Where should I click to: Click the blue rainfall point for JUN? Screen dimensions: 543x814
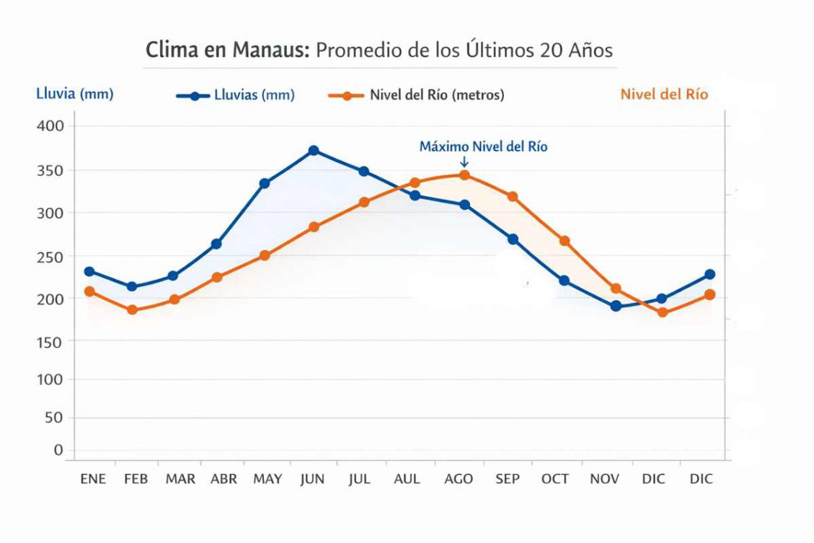pyautogui.click(x=314, y=151)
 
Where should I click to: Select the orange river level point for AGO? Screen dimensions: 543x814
pyautogui.click(x=464, y=175)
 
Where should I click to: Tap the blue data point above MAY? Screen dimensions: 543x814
pyautogui.click(x=265, y=184)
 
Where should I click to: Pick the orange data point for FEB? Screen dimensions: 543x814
pyautogui.click(x=132, y=310)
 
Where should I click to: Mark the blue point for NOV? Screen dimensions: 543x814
pyautogui.click(x=616, y=306)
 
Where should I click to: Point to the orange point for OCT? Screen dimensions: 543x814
pyautogui.click(x=565, y=241)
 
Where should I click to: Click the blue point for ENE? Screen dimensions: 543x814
pyautogui.click(x=89, y=272)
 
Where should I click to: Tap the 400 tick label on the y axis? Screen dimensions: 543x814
pyautogui.click(x=50, y=125)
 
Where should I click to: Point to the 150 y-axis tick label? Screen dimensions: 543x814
pyautogui.click(x=50, y=340)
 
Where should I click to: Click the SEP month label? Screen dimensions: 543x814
pyautogui.click(x=507, y=479)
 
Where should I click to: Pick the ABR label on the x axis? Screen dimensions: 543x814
pyautogui.click(x=224, y=479)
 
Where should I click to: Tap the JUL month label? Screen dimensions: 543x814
pyautogui.click(x=358, y=479)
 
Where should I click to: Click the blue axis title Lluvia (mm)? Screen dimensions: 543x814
pyautogui.click(x=75, y=94)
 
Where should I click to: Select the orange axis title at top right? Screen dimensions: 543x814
pyautogui.click(x=664, y=94)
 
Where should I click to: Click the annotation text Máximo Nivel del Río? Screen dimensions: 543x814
pyautogui.click(x=483, y=146)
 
